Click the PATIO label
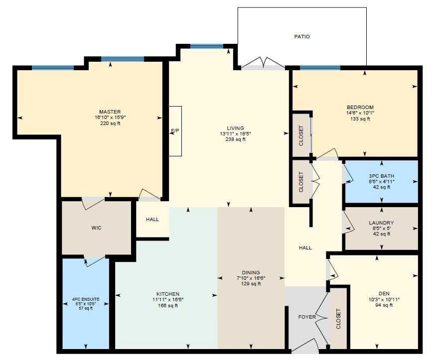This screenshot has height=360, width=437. (x=302, y=36)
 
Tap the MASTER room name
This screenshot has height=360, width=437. (x=110, y=112)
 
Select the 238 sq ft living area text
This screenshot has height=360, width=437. (x=236, y=139)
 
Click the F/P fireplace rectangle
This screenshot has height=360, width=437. (x=175, y=131)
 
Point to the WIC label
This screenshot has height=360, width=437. (x=97, y=228)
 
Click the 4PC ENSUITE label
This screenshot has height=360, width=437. (x=86, y=299)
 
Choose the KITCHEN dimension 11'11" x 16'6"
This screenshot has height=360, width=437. (x=168, y=300)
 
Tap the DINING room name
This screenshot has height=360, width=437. (x=251, y=272)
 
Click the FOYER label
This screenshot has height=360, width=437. (x=307, y=317)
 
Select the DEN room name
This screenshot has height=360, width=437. (x=384, y=293)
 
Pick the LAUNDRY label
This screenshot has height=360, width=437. (x=381, y=223)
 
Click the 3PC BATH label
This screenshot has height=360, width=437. (x=382, y=176)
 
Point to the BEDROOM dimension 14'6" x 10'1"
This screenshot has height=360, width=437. (x=360, y=113)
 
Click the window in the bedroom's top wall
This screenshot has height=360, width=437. (x=320, y=68)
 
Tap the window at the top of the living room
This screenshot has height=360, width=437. (x=207, y=46)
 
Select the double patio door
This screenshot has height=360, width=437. (x=263, y=63)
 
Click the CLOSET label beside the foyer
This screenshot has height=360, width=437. (x=338, y=319)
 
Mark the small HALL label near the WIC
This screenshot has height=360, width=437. (x=152, y=220)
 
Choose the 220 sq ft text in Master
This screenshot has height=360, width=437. (x=110, y=123)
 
